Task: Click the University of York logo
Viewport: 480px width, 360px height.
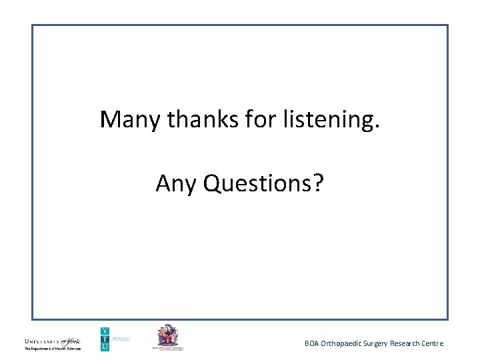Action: tap(52, 340)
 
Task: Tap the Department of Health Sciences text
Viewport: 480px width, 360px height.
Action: tap(52, 348)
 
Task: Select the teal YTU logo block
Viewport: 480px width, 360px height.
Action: tap(105, 339)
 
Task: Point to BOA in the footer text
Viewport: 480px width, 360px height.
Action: tap(312, 343)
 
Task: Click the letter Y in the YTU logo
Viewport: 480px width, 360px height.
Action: tap(105, 331)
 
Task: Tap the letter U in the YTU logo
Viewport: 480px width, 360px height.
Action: tap(105, 347)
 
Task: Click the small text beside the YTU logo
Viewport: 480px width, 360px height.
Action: tap(121, 338)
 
